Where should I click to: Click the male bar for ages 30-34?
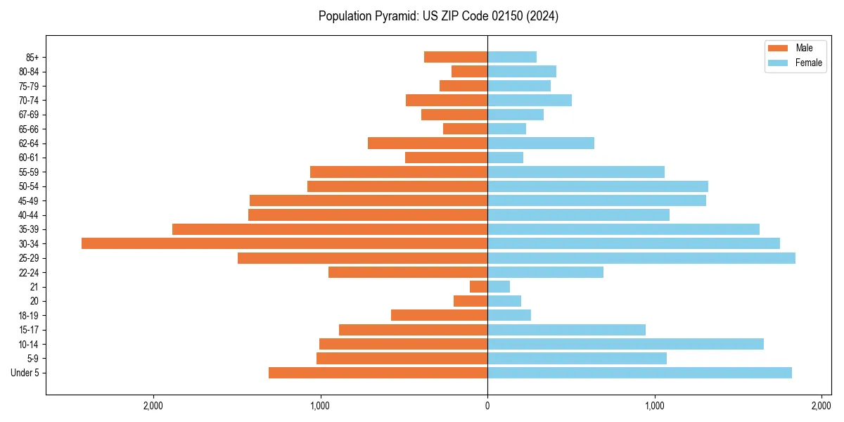pos(284,243)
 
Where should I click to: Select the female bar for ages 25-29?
pos(641,258)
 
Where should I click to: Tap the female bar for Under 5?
pos(639,373)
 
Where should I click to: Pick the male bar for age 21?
pos(479,287)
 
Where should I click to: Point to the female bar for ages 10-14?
pos(625,344)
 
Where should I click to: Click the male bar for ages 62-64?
pos(428,143)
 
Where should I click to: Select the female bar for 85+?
pos(512,57)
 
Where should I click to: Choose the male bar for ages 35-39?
pos(330,229)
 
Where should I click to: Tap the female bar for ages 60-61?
pos(505,158)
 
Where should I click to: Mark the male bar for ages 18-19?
pos(440,315)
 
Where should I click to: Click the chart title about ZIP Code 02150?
pos(438,16)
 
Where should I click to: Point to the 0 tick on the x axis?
pos(487,406)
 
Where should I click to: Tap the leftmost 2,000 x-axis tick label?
pos(153,406)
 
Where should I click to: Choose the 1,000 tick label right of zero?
pos(655,406)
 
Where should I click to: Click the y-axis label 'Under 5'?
pos(25,373)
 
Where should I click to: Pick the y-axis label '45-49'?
pos(28,200)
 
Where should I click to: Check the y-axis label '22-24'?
pos(28,272)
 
